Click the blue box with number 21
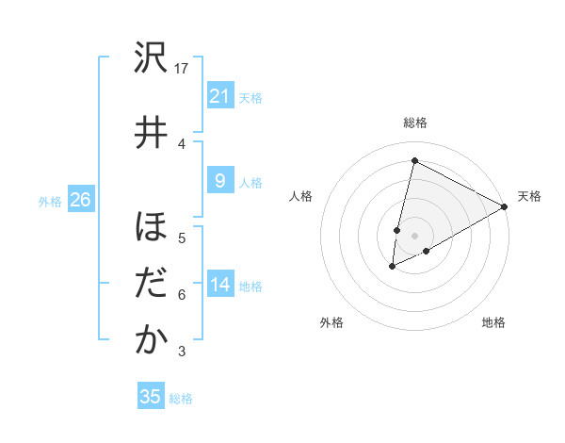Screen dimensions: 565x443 point(219,95)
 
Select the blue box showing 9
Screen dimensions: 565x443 point(219,181)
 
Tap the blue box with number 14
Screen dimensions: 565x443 point(219,284)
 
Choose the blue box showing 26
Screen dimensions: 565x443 point(80,199)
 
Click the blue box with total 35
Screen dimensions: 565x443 point(151,397)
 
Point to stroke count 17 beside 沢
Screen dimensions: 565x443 point(182,69)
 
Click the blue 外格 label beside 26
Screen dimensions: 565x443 point(50,201)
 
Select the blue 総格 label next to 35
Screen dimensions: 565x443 point(181,399)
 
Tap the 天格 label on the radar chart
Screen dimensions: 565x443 point(529,196)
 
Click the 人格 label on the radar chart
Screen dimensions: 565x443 point(301,196)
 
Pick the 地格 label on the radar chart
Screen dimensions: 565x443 point(493,322)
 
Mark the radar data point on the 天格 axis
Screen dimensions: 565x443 point(505,206)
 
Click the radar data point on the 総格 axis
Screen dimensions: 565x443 point(414,161)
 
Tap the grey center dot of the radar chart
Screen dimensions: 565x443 point(414,235)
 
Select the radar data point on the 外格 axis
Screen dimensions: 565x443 point(393,267)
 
